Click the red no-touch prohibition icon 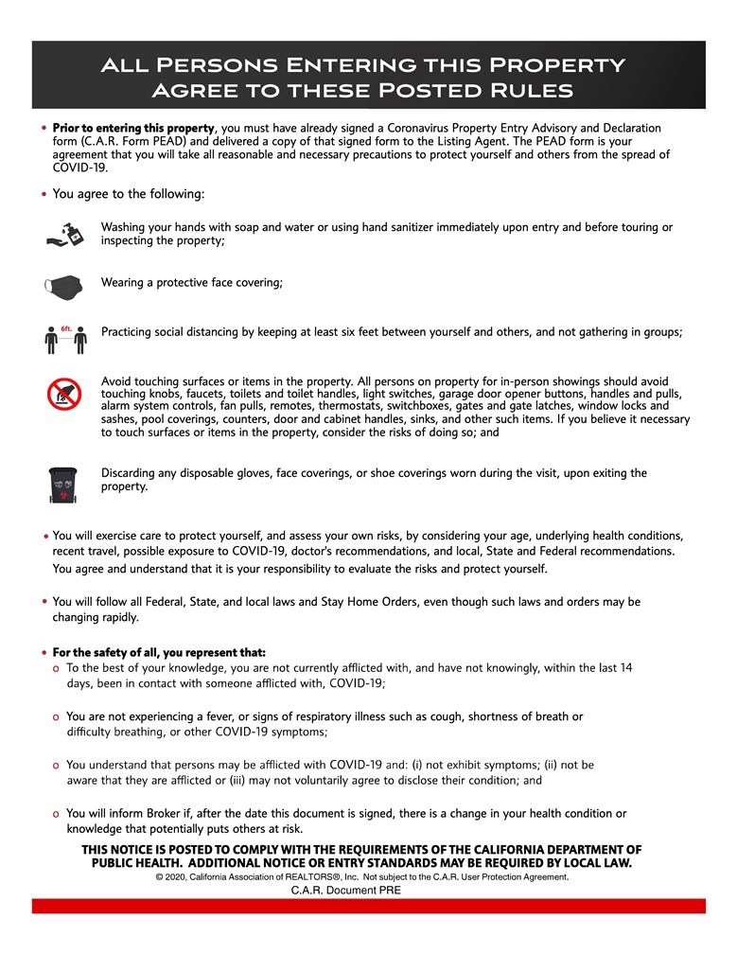tap(64, 393)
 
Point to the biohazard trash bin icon tap(64, 483)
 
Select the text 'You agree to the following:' tap(128, 194)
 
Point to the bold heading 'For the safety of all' tap(159, 653)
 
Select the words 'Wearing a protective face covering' tap(191, 282)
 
